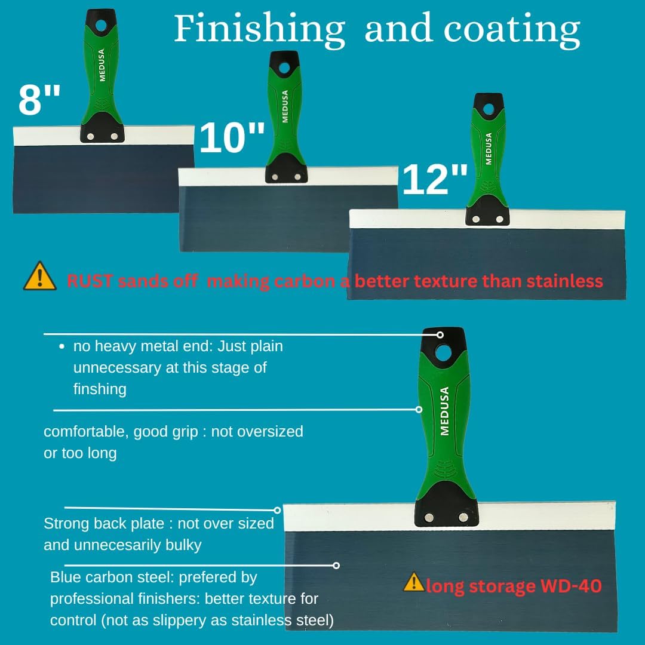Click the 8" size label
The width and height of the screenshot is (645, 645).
click(x=39, y=99)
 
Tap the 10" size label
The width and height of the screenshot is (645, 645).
click(x=232, y=137)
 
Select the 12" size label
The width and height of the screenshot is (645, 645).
click(x=435, y=179)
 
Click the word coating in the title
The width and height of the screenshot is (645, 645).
click(x=512, y=30)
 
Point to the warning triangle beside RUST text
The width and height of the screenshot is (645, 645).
click(x=40, y=276)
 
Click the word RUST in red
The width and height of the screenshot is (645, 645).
click(x=89, y=281)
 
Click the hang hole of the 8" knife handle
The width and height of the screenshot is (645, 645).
click(x=101, y=26)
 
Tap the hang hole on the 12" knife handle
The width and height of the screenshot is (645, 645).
click(x=489, y=109)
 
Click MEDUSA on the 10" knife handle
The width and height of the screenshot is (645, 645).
click(x=285, y=106)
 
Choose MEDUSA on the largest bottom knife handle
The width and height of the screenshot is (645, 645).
click(x=444, y=411)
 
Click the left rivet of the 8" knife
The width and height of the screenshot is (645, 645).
click(x=91, y=136)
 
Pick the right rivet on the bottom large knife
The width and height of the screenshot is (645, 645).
click(x=463, y=517)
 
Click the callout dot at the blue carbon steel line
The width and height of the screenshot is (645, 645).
click(x=336, y=566)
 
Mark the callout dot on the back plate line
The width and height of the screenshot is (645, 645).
click(x=277, y=510)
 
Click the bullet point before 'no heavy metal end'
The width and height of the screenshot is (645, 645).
click(x=62, y=347)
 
